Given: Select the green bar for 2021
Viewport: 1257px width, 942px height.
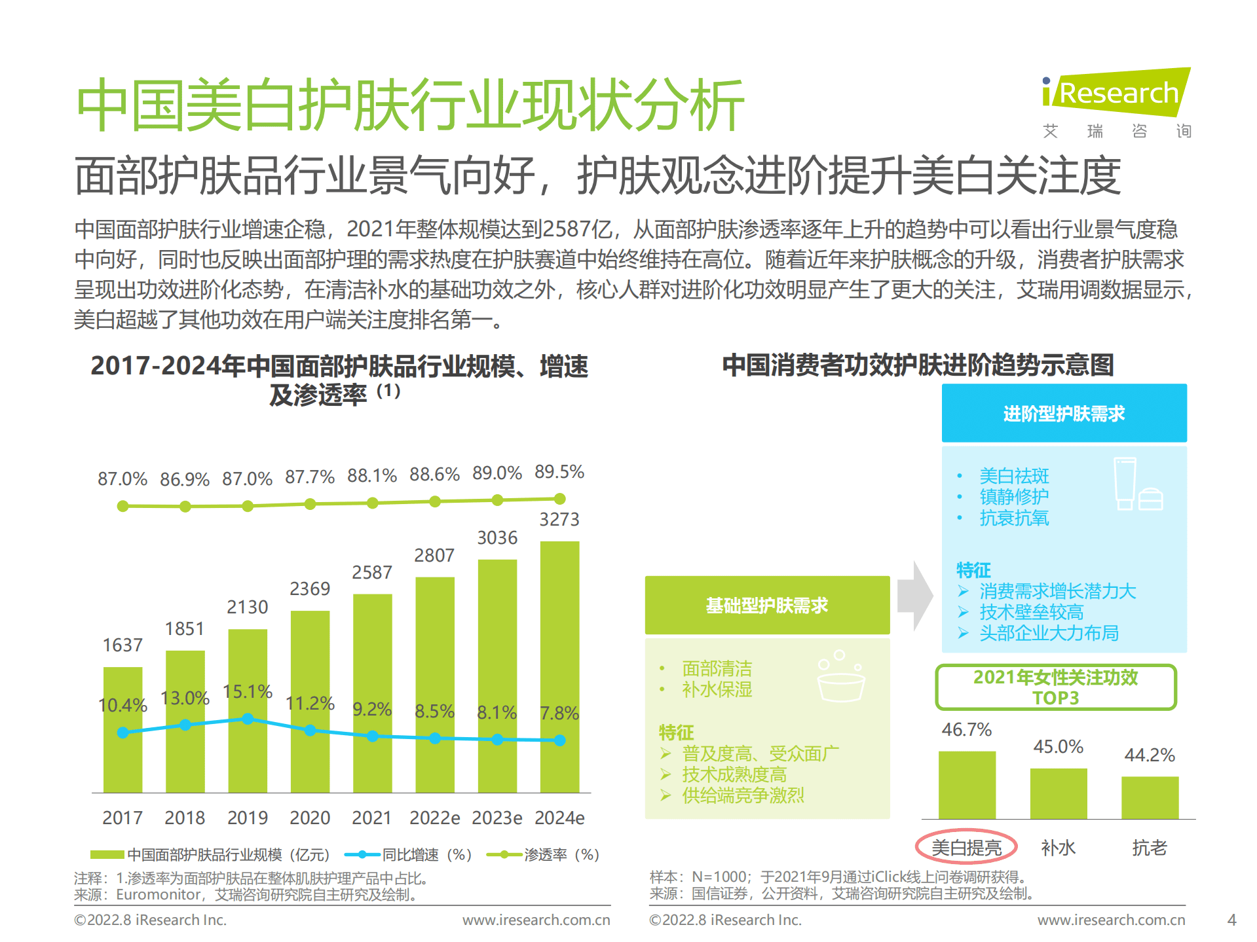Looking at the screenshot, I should coord(372,694).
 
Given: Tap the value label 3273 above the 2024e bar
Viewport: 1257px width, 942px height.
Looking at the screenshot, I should coord(559,519).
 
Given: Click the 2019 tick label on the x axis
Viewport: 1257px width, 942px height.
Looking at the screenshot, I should coord(247,818).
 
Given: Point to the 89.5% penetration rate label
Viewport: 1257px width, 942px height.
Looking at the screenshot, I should coord(559,471).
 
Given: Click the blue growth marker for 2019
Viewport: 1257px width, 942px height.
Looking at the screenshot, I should coord(248,719).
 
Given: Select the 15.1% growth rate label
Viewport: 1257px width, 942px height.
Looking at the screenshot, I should coord(247,691).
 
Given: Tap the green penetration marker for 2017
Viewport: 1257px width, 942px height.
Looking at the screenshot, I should coord(122,506).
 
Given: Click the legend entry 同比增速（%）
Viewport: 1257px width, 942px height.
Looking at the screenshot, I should coord(407,854).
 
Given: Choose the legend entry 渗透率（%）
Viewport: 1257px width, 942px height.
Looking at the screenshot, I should coord(544,854).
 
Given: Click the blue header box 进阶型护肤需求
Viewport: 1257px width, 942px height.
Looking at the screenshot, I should coord(1064,413).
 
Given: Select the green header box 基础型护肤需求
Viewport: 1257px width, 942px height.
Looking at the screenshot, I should coord(767,605).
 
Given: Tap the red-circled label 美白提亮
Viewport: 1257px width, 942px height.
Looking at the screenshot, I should coord(966,847).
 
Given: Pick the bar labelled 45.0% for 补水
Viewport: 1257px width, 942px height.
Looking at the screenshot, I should coord(1058,793).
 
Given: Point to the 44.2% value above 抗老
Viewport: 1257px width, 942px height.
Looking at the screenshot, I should coord(1150,755).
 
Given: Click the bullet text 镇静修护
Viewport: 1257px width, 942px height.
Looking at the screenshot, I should coord(1013,497).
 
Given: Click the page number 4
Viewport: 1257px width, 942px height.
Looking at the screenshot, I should coord(1231,920).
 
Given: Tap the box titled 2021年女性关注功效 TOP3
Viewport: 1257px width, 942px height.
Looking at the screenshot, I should coord(1055,687).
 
